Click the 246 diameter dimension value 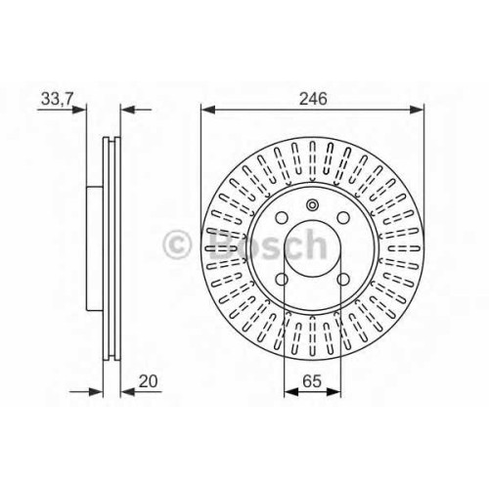click(x=313, y=99)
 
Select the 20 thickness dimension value click(x=148, y=381)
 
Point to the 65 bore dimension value click(x=312, y=381)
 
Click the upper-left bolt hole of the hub click(x=282, y=218)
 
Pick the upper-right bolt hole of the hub click(x=343, y=218)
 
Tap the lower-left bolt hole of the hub click(x=282, y=280)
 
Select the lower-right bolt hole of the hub click(x=343, y=280)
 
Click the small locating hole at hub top click(x=312, y=205)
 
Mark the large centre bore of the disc click(x=313, y=248)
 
